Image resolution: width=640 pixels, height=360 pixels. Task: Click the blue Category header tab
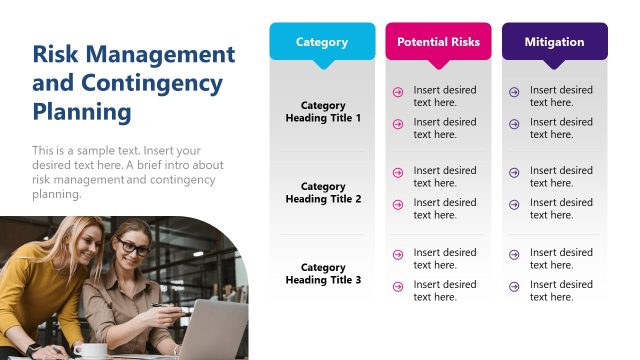(322, 42)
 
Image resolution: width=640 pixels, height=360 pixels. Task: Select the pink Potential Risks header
(438, 42)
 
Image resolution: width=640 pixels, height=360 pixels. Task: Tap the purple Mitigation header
(554, 42)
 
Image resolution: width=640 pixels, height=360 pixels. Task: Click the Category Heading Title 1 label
(323, 112)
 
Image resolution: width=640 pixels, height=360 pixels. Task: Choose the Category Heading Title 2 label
(323, 193)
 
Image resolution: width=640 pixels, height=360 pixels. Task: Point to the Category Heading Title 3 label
(323, 274)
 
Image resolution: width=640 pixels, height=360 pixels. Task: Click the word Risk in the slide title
(54, 55)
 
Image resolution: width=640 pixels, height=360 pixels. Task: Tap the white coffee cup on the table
(90, 351)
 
